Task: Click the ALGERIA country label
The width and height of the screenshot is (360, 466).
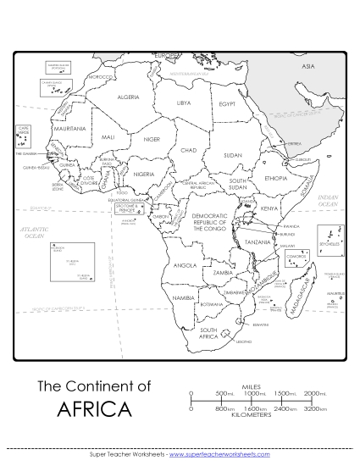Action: click(x=128, y=97)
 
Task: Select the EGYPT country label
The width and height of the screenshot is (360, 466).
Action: click(x=227, y=103)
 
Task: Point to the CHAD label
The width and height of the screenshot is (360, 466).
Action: click(x=189, y=149)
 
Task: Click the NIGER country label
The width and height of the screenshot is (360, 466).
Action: click(x=152, y=138)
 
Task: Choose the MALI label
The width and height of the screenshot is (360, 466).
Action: click(x=108, y=136)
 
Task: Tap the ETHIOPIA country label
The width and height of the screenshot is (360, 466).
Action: click(x=276, y=179)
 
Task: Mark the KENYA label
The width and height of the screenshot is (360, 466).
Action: click(x=270, y=208)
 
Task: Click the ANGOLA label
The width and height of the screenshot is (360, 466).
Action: click(x=185, y=265)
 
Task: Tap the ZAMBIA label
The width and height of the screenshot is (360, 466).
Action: click(x=224, y=273)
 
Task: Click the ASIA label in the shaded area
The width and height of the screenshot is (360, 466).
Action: click(x=308, y=65)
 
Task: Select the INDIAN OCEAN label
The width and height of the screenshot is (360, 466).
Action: click(x=328, y=201)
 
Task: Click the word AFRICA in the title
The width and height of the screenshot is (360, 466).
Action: click(x=96, y=410)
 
